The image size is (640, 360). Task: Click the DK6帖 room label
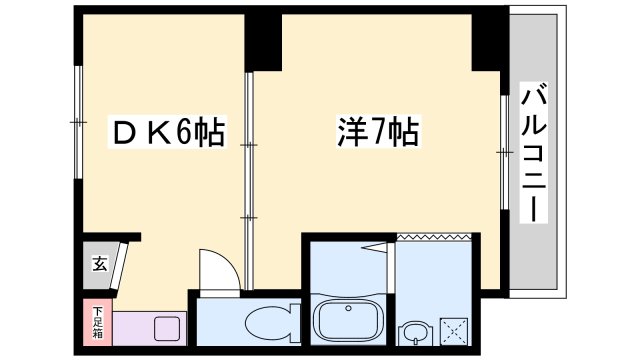coord(166,131)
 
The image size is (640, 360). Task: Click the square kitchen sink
coord(167,327)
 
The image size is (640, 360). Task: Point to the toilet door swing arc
coord(220,268)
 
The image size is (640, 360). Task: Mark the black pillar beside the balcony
coord(490,40)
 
